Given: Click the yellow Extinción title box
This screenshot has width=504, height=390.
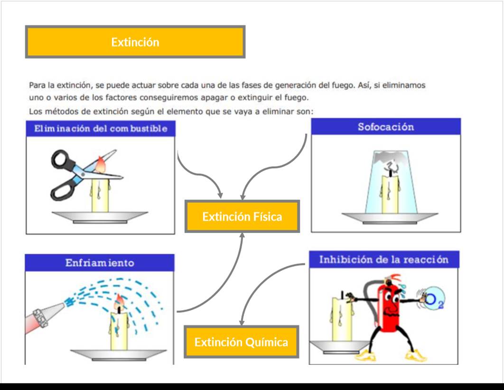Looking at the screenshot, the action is (x=135, y=42).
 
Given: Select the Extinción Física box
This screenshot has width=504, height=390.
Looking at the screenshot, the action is (x=242, y=216).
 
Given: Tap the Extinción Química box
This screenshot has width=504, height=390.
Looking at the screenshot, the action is (x=242, y=342).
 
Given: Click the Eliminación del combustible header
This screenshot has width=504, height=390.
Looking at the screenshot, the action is (x=101, y=129).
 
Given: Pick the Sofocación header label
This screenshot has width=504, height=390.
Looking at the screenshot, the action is (x=386, y=127).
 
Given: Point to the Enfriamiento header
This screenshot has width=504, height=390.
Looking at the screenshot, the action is (x=100, y=263).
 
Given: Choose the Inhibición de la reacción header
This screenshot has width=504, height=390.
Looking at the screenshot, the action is (x=384, y=260).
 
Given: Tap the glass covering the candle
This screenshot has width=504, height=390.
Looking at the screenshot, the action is (x=391, y=182).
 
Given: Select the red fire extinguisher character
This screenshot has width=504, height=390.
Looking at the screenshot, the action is (x=389, y=305).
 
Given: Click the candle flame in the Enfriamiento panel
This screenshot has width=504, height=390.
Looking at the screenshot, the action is (x=119, y=301).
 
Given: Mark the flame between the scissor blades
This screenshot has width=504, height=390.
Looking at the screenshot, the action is (x=100, y=164).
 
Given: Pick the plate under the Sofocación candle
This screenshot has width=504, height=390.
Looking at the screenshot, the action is (x=390, y=218).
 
